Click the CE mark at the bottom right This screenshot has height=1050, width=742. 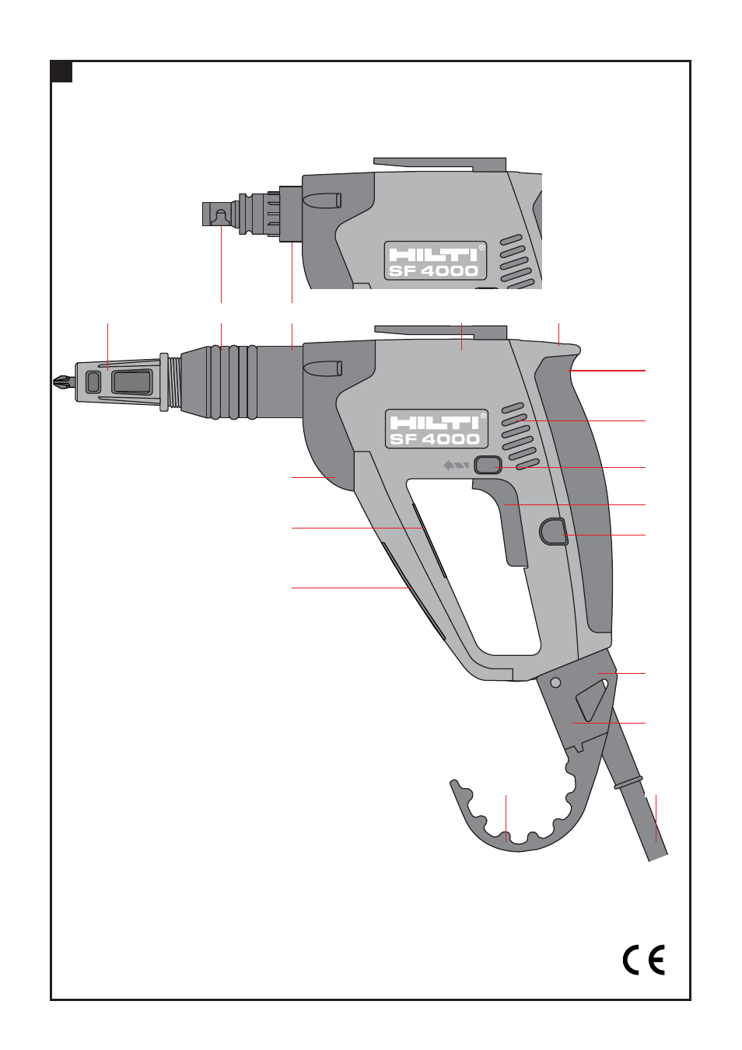[643, 960]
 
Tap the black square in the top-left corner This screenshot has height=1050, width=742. [62, 72]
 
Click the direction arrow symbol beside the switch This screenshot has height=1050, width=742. [456, 466]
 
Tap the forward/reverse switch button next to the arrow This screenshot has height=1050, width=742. [488, 465]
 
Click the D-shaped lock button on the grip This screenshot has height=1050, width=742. [554, 532]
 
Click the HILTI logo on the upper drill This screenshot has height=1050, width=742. [433, 254]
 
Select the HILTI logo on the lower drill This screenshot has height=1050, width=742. [434, 423]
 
